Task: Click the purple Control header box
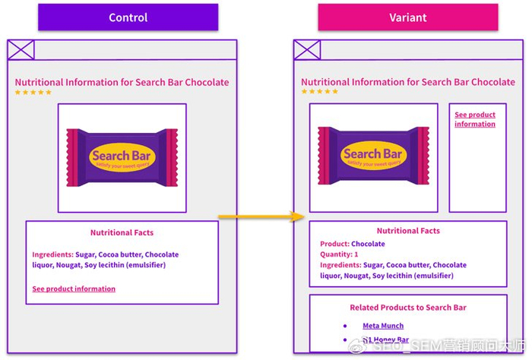pos(128,17)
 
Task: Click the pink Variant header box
pos(408,17)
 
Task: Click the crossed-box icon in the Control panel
pos(21,50)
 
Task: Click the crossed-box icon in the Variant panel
pos(307,50)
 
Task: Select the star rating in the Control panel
pos(33,93)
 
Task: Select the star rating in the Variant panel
pos(319,93)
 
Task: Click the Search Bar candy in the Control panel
pos(122,156)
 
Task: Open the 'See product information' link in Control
pos(74,289)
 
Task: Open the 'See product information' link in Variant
pos(475,119)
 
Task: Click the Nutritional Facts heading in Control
pos(122,232)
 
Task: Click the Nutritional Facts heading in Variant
pos(408,231)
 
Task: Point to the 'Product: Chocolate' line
pos(353,244)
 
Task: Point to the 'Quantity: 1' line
pos(339,254)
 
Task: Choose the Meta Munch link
pos(383,326)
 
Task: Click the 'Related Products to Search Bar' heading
pos(408,308)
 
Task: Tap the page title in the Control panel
pos(122,82)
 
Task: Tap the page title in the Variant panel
pos(408,82)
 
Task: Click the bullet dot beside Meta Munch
pos(346,326)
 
